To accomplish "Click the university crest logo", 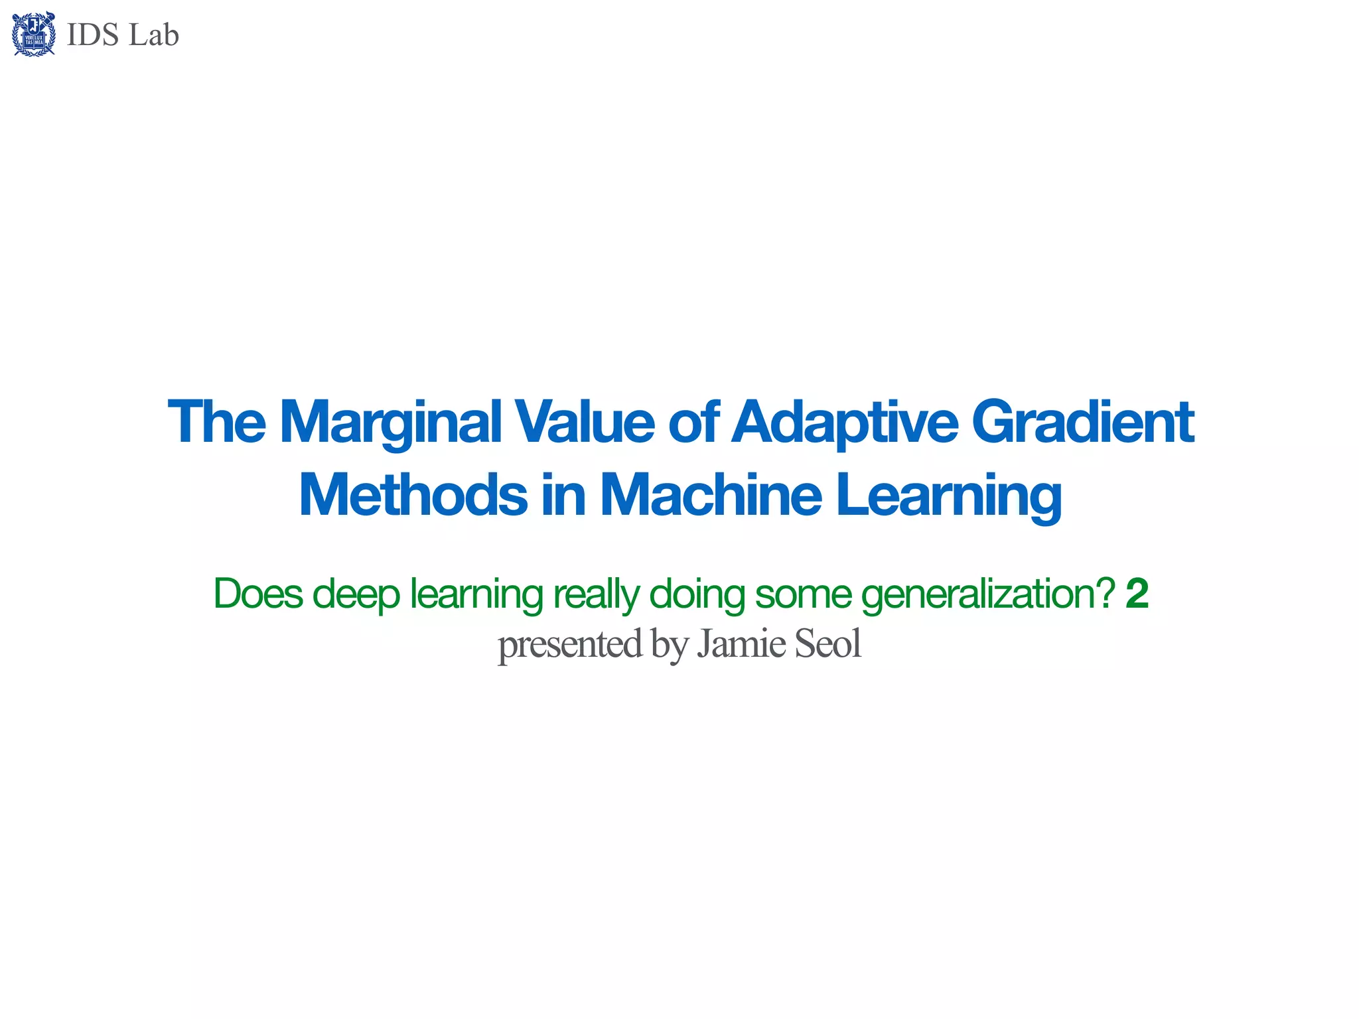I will pos(34,34).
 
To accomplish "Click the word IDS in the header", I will pos(93,35).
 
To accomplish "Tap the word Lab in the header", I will pos(154,35).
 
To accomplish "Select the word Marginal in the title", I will pos(390,423).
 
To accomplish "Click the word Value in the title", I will pos(585,422).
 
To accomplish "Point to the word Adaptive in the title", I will pos(844,423).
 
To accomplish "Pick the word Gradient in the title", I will pos(1082,422).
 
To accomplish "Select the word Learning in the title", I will pos(948,496).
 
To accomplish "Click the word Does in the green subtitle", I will pos(257,594).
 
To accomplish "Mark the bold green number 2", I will pos(1137,594).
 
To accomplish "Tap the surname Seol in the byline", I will pos(827,644).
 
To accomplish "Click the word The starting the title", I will pos(216,422).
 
